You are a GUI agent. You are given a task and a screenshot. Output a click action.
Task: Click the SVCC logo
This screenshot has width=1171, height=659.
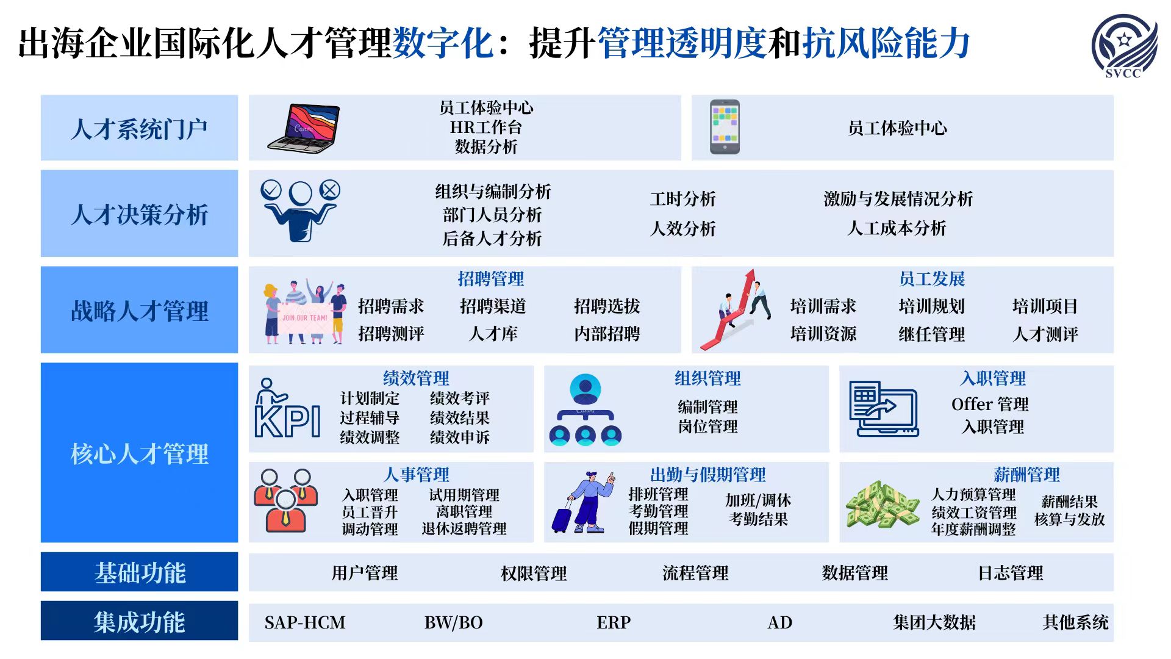pyautogui.click(x=1123, y=46)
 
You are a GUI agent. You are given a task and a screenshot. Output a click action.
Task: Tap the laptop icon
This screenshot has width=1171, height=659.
pyautogui.click(x=303, y=128)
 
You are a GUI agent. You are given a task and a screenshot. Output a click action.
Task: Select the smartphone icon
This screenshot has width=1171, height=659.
pyautogui.click(x=725, y=127)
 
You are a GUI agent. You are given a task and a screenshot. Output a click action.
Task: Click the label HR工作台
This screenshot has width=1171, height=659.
pyautogui.click(x=486, y=127)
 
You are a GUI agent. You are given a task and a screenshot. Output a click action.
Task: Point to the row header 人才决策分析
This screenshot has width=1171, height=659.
pyautogui.click(x=139, y=214)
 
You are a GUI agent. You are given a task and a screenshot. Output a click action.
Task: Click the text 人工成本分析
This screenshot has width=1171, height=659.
pyautogui.click(x=897, y=228)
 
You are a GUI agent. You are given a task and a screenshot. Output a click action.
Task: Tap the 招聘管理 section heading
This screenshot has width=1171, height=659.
pyautogui.click(x=490, y=279)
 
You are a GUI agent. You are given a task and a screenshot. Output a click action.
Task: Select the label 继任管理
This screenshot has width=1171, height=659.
pyautogui.click(x=931, y=334)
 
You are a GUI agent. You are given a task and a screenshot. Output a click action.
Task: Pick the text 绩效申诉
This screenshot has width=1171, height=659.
pyautogui.click(x=460, y=437)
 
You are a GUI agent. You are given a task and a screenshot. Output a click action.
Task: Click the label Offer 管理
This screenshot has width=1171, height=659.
pyautogui.click(x=990, y=404)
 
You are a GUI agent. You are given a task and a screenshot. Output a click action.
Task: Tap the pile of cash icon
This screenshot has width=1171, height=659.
pyautogui.click(x=883, y=505)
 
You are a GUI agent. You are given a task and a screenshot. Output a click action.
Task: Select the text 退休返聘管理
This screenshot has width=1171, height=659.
pyautogui.click(x=464, y=528)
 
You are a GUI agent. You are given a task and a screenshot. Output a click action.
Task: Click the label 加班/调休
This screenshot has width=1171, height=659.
pyautogui.click(x=758, y=500)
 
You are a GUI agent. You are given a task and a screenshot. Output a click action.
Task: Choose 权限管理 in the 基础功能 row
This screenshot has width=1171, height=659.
pyautogui.click(x=534, y=573)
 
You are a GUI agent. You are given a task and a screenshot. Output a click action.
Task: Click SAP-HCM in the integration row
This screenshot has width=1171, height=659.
pyautogui.click(x=305, y=622)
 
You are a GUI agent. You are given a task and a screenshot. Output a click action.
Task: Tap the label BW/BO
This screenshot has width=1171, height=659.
pyautogui.click(x=453, y=622)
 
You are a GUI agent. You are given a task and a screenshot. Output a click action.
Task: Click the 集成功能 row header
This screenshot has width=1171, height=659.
pyautogui.click(x=139, y=621)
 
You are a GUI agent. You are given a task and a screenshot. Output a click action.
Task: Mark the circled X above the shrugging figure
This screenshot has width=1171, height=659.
pyautogui.click(x=330, y=190)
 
